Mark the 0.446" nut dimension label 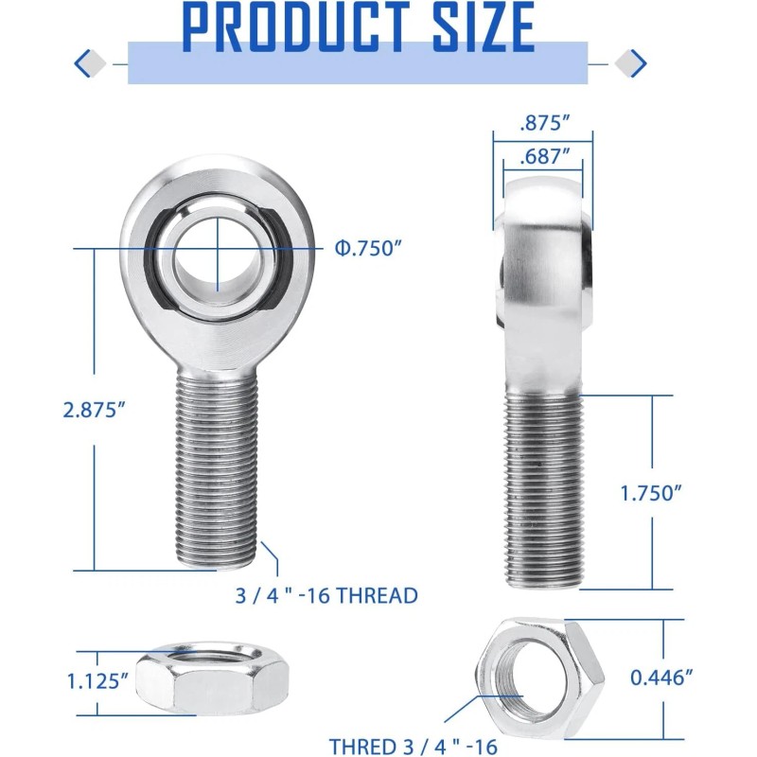pyautogui.click(x=662, y=677)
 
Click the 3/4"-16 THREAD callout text pyautogui.click(x=326, y=595)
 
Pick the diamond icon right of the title pyautogui.click(x=630, y=63)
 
